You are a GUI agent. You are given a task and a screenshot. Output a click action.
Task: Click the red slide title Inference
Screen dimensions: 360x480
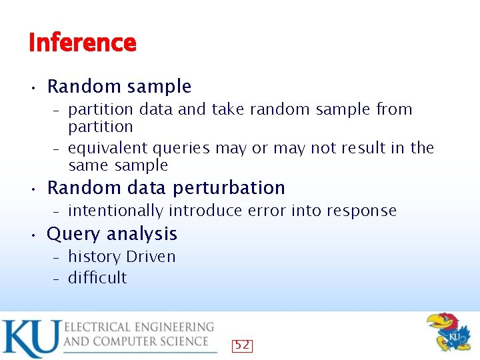[x=83, y=43]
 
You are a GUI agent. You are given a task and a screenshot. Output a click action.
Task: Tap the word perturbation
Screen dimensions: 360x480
[x=229, y=188]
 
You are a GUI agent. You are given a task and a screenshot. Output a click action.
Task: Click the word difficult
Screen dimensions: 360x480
[x=97, y=278]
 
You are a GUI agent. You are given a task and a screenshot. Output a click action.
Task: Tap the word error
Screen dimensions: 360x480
[x=265, y=211]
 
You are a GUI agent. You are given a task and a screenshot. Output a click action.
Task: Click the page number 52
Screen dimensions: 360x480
[x=242, y=345]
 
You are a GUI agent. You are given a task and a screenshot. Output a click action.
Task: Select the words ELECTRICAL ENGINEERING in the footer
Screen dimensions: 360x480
[x=139, y=327]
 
